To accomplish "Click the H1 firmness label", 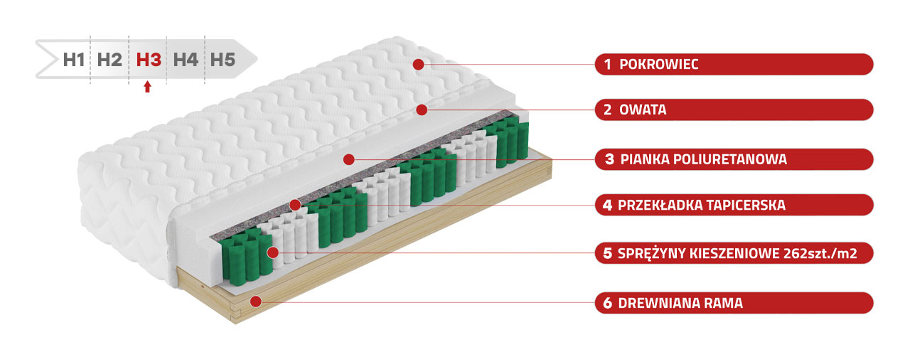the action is [74, 60].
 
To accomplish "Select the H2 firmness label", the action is [109, 60].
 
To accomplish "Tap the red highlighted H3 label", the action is [149, 60].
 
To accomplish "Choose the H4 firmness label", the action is [186, 60].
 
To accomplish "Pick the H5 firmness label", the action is [223, 60].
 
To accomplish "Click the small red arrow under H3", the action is [147, 87].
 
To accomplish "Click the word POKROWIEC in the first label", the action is [659, 64].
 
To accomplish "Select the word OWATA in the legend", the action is [643, 110].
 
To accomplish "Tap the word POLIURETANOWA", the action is [730, 159].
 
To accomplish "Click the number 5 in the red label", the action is [607, 253].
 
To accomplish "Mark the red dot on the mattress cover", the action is [419, 64].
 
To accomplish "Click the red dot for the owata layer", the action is [422, 110].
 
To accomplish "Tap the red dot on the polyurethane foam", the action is [348, 159].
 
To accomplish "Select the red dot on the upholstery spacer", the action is [295, 205].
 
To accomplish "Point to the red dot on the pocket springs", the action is [272, 252].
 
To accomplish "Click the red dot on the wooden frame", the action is [255, 302].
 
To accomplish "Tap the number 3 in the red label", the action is [609, 159].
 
